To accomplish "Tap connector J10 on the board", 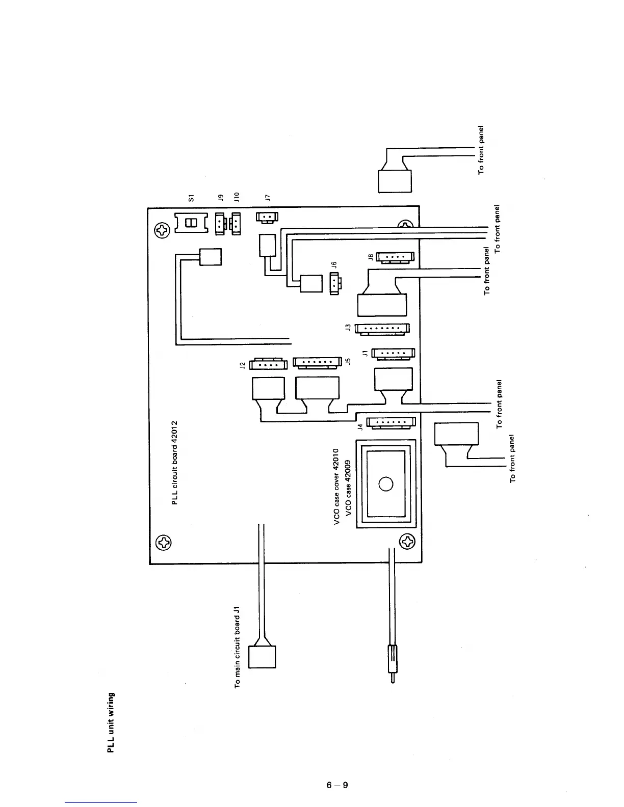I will click(x=236, y=223).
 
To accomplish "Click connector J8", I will click(x=395, y=257).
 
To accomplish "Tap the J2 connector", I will click(x=269, y=364).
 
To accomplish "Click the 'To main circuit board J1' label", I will click(x=237, y=647).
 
